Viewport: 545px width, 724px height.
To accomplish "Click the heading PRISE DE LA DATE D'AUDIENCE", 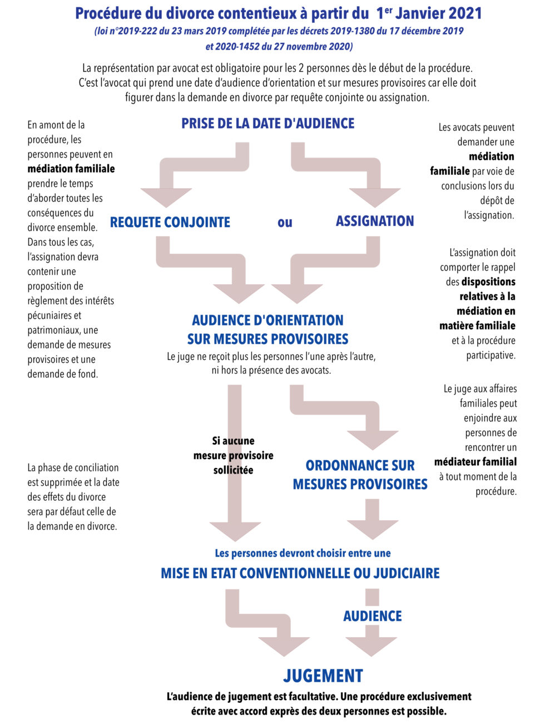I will [267, 124].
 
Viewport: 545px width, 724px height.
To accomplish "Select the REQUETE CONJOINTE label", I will [170, 222].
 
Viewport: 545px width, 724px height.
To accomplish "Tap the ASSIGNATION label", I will [374, 221].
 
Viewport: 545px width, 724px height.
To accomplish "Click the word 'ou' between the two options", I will [285, 222].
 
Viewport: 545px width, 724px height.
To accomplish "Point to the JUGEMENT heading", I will [323, 676].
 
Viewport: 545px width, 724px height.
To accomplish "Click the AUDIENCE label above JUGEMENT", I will [372, 616].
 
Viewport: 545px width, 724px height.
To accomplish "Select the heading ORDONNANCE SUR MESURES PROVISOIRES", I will [360, 475].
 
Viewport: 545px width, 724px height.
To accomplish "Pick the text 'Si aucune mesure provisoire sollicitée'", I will [233, 455].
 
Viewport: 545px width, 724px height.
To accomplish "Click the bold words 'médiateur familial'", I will [475, 462].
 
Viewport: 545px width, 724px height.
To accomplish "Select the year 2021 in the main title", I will [459, 13].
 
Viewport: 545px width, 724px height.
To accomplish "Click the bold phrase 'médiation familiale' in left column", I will [71, 169].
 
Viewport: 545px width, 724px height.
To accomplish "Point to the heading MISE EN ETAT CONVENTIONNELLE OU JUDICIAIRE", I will [300, 573].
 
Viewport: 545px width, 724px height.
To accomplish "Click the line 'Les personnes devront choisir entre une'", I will [303, 553].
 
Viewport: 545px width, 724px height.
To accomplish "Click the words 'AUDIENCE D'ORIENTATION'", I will [267, 320].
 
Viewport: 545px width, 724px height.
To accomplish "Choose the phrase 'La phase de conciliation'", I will [73, 467].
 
